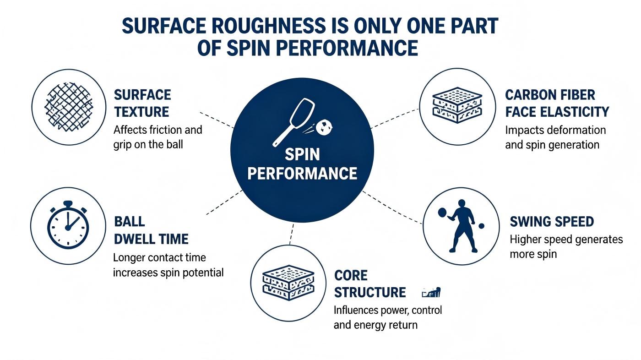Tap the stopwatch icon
click(x=68, y=224)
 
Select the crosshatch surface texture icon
click(x=69, y=107)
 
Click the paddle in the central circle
click(x=293, y=122)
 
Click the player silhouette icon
click(x=461, y=226)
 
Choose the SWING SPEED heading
click(x=552, y=222)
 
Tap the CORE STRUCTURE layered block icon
click(x=288, y=283)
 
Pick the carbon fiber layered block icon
click(x=457, y=105)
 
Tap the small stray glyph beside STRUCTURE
click(x=431, y=293)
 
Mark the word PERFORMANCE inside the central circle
click(x=302, y=174)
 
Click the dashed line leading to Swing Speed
click(x=392, y=207)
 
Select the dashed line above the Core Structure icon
click(x=292, y=234)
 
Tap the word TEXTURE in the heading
click(x=141, y=112)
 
